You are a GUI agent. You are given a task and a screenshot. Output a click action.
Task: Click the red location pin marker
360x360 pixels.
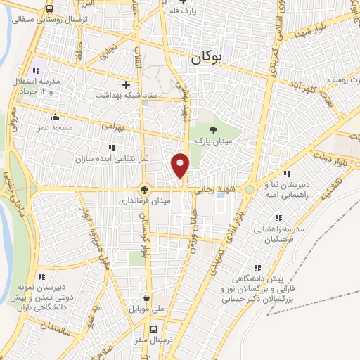[181, 164]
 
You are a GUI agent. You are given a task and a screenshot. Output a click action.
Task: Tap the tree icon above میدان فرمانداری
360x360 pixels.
[144, 188]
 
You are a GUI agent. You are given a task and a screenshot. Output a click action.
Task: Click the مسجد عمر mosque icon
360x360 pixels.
[56, 117]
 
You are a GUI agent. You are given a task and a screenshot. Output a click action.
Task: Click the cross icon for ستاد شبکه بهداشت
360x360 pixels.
[127, 84]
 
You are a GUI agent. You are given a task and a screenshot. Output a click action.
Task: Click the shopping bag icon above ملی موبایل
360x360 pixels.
[146, 297]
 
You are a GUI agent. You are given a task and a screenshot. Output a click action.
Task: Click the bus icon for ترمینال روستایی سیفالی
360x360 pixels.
[50, 8]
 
